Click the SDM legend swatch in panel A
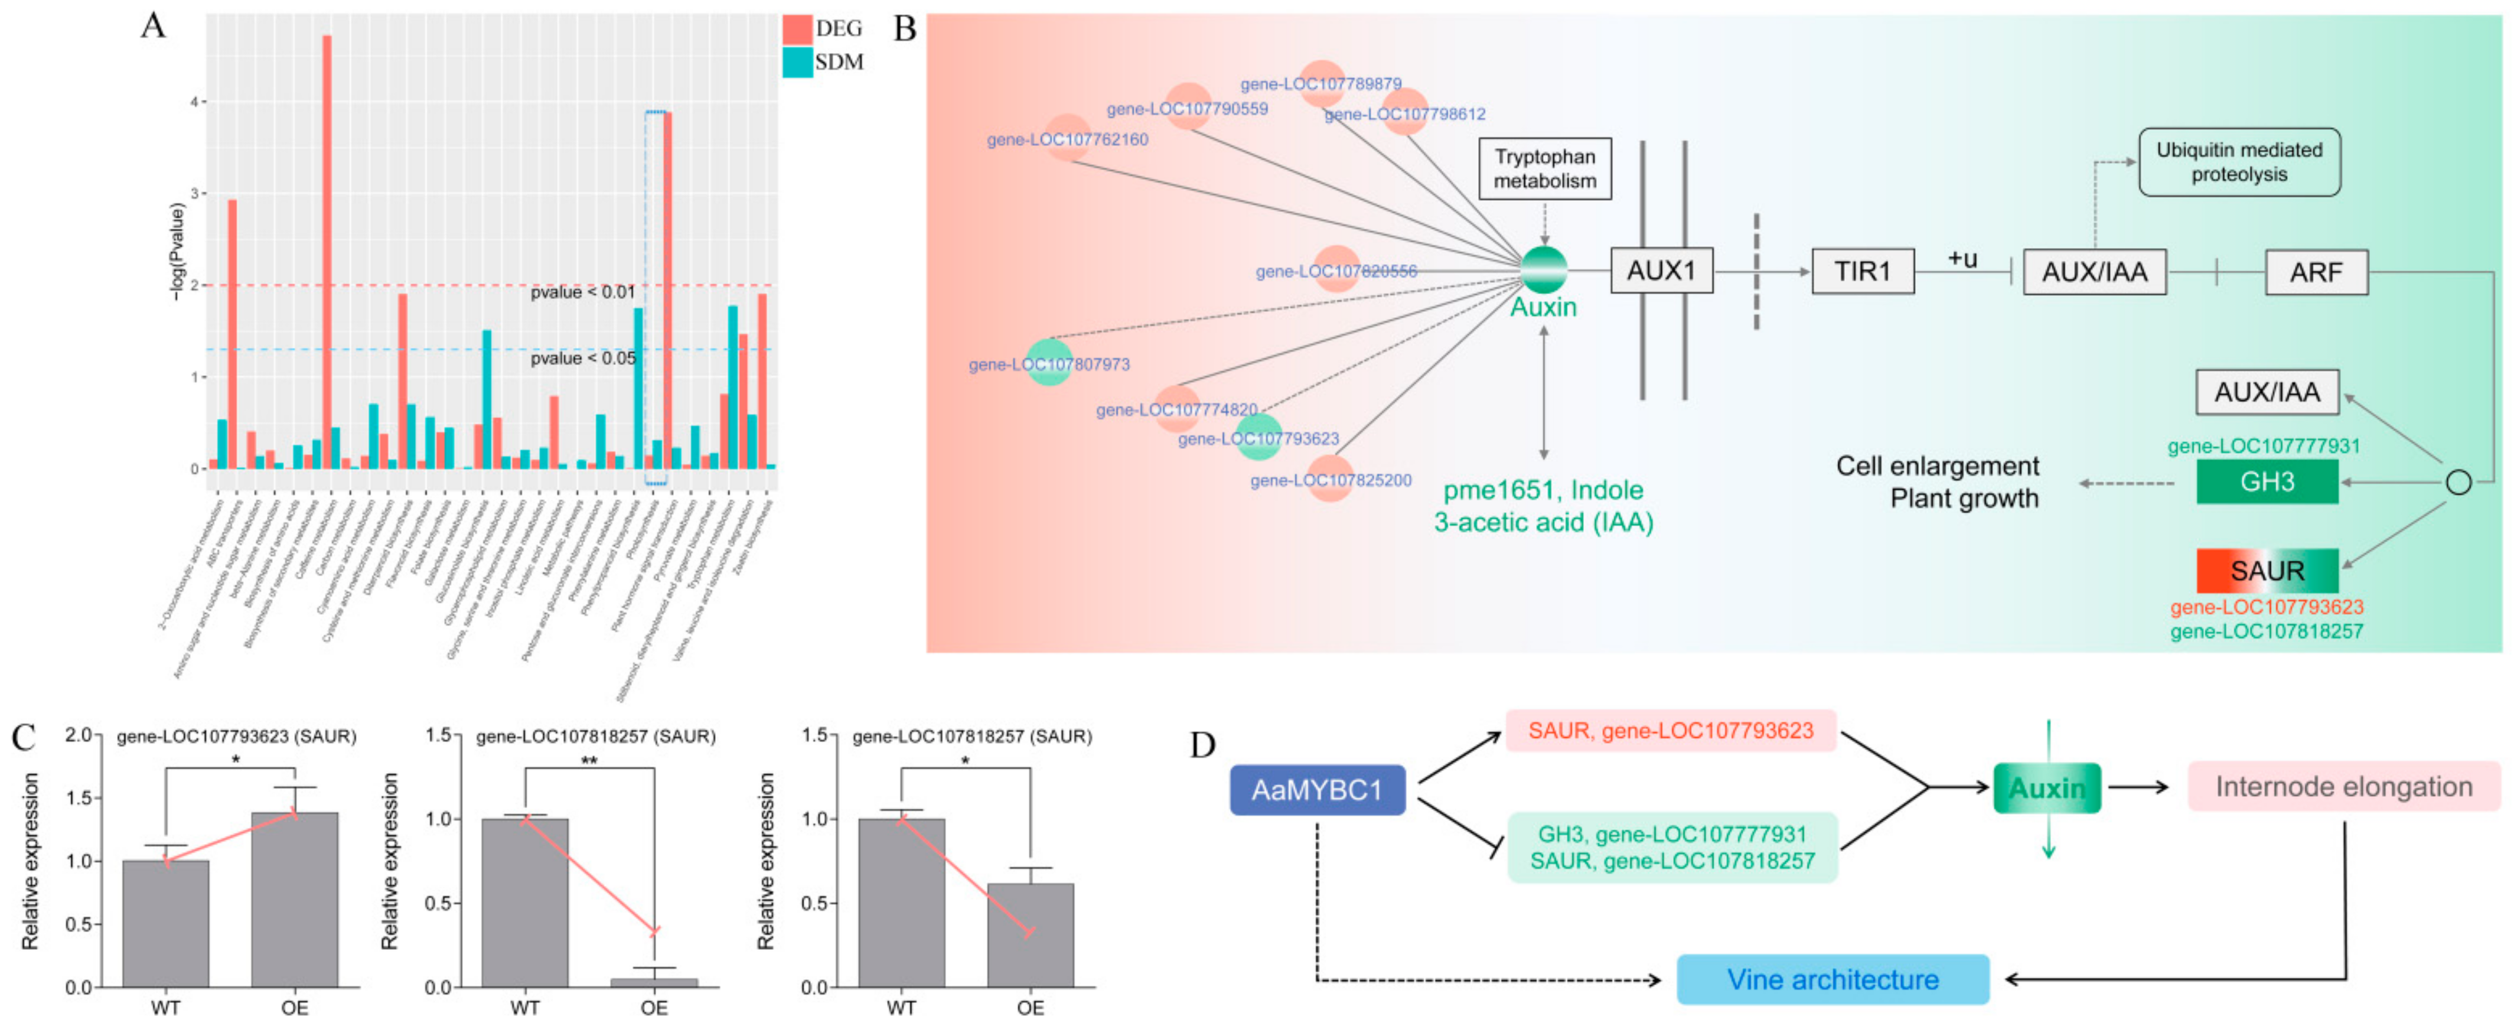pos(796,63)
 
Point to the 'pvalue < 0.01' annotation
pos(583,292)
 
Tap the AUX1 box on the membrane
pos(1661,271)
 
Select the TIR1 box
pos(1862,271)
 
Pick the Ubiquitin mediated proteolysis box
pos(2239,162)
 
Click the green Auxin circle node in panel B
pos(1544,271)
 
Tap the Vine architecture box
pos(1832,979)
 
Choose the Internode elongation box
pos(2343,787)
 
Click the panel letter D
pos(1202,746)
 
